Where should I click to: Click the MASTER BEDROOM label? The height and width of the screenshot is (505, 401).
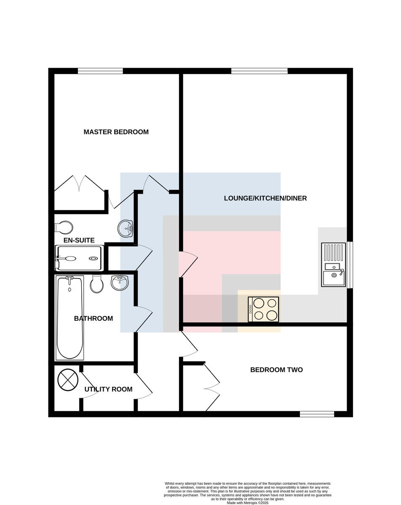tap(116, 132)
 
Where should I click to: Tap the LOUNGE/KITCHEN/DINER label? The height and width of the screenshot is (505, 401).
tap(265, 198)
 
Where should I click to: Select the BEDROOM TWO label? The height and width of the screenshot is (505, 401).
tap(276, 370)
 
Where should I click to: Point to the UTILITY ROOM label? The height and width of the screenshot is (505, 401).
tap(108, 389)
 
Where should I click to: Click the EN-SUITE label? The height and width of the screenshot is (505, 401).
tap(79, 240)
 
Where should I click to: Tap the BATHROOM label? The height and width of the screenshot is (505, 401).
tap(93, 319)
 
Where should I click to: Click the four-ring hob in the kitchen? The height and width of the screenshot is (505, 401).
tap(264, 310)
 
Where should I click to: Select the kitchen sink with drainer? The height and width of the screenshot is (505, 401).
tap(334, 265)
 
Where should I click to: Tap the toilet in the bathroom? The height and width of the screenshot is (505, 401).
tap(97, 284)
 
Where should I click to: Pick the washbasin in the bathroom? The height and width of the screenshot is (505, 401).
tap(120, 282)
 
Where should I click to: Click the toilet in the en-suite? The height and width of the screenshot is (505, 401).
tap(64, 227)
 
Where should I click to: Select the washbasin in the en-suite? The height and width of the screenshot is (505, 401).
tap(126, 229)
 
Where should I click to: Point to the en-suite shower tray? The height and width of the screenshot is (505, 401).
tap(79, 258)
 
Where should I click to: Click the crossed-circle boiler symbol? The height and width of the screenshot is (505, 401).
tap(68, 380)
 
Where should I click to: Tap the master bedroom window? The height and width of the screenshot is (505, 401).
tap(100, 71)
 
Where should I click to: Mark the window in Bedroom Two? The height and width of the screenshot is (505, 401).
tap(317, 414)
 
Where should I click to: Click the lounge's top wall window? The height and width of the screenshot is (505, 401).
tap(259, 71)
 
